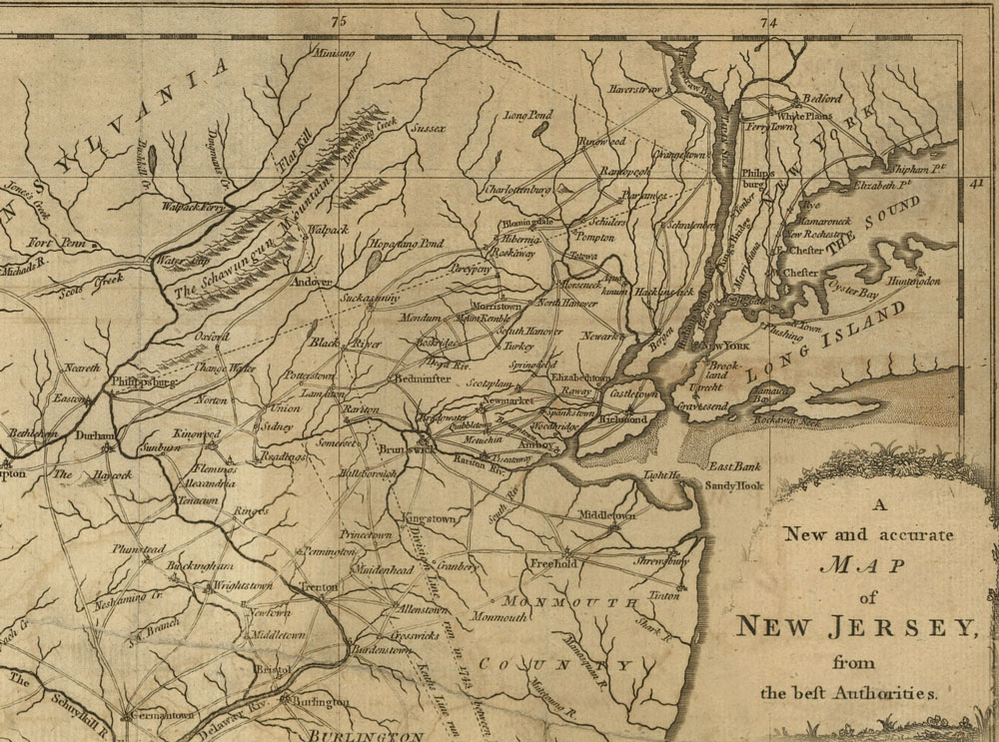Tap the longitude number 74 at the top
tap(768, 21)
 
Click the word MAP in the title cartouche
tap(864, 566)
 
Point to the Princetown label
tap(367, 536)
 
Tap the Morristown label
tap(496, 306)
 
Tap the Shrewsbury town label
tap(662, 561)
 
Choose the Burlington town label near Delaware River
tap(321, 703)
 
